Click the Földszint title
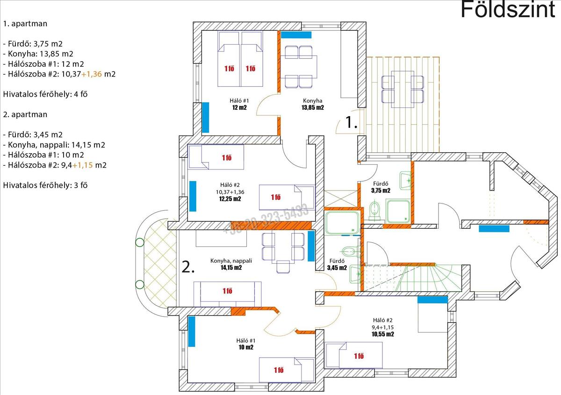(508, 10)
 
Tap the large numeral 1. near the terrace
(351, 122)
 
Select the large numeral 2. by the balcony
(188, 268)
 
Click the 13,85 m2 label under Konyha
(313, 108)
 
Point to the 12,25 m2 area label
(230, 199)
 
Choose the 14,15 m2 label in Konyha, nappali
(231, 268)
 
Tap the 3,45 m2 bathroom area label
(337, 268)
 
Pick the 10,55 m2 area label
(382, 334)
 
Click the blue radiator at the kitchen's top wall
(296, 35)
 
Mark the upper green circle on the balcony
(139, 242)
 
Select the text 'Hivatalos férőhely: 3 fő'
(45, 185)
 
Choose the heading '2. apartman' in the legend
(25, 114)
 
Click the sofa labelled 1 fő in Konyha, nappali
(228, 293)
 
